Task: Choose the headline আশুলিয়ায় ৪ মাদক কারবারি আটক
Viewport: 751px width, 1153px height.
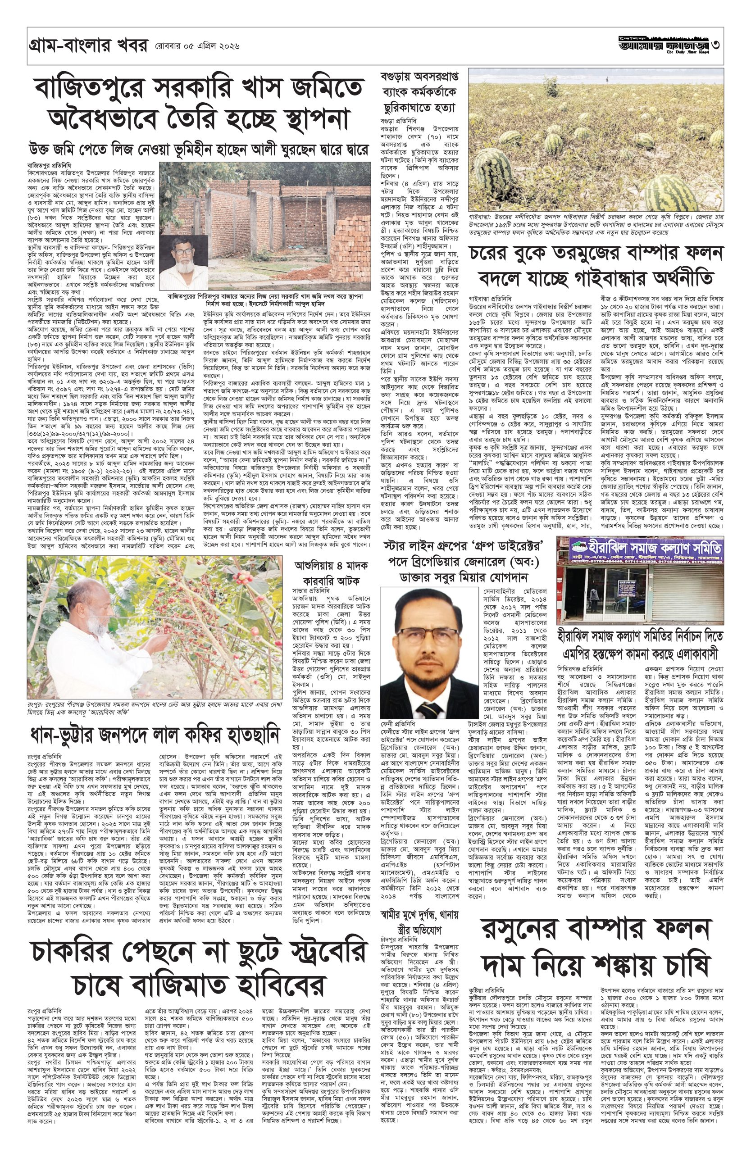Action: (333, 572)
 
